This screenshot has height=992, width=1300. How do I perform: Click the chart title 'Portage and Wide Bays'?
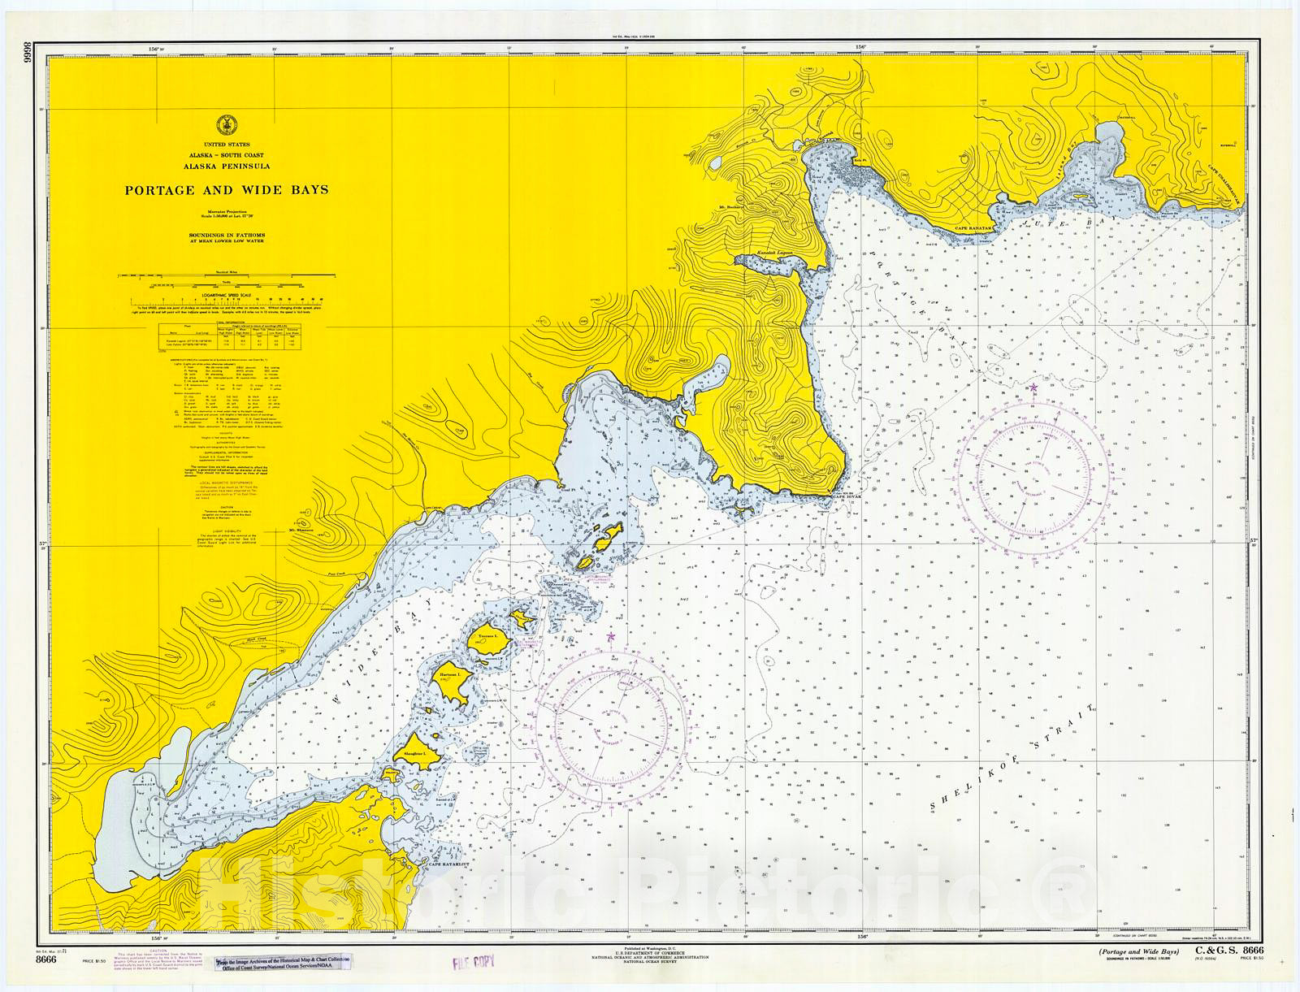226,190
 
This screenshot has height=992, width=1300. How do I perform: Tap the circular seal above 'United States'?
226,125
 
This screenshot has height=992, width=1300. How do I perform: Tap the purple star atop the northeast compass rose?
1033,387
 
